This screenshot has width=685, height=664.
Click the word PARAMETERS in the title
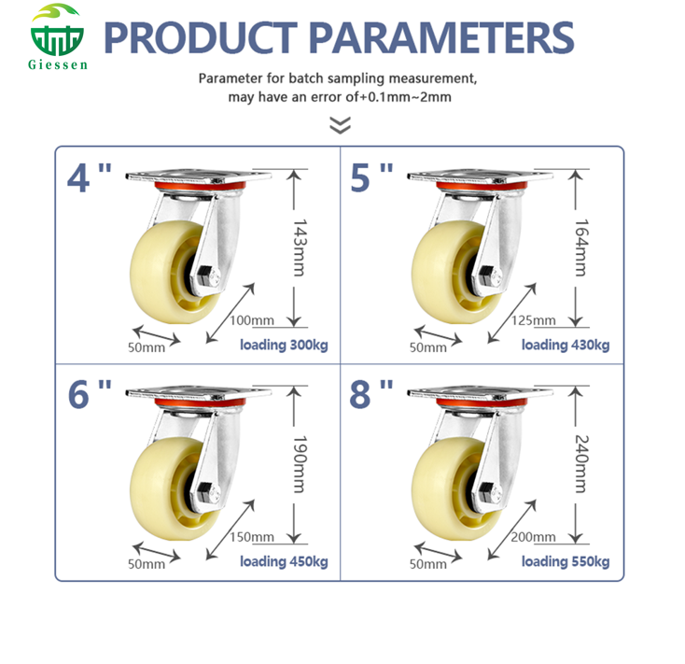(440, 37)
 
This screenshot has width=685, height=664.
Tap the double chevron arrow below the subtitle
(342, 125)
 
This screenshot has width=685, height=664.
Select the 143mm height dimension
(299, 247)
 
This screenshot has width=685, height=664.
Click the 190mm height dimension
(299, 464)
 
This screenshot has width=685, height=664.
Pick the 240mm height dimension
(580, 464)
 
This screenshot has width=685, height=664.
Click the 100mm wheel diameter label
(251, 320)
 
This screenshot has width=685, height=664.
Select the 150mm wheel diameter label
(251, 536)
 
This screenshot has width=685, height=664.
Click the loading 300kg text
(284, 346)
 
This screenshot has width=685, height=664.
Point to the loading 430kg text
(565, 346)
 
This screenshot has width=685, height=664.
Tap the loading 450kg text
(284, 561)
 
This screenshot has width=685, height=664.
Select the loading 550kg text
(565, 561)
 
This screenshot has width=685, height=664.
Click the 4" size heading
(91, 177)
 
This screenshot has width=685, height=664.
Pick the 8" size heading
(371, 394)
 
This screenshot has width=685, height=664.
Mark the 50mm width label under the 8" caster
(428, 564)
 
